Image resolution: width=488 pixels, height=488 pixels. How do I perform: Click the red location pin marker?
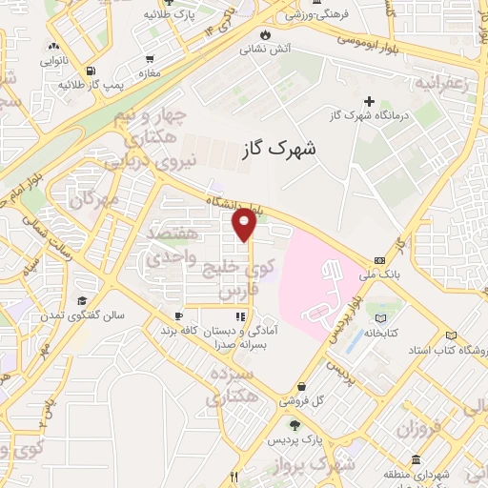tap(245, 225)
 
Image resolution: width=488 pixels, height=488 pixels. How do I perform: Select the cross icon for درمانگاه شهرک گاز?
tap(370, 101)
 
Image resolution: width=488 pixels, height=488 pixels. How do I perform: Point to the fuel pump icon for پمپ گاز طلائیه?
tap(90, 71)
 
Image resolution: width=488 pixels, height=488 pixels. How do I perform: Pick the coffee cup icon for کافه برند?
tap(177, 315)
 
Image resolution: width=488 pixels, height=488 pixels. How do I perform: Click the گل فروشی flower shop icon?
tap(302, 387)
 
